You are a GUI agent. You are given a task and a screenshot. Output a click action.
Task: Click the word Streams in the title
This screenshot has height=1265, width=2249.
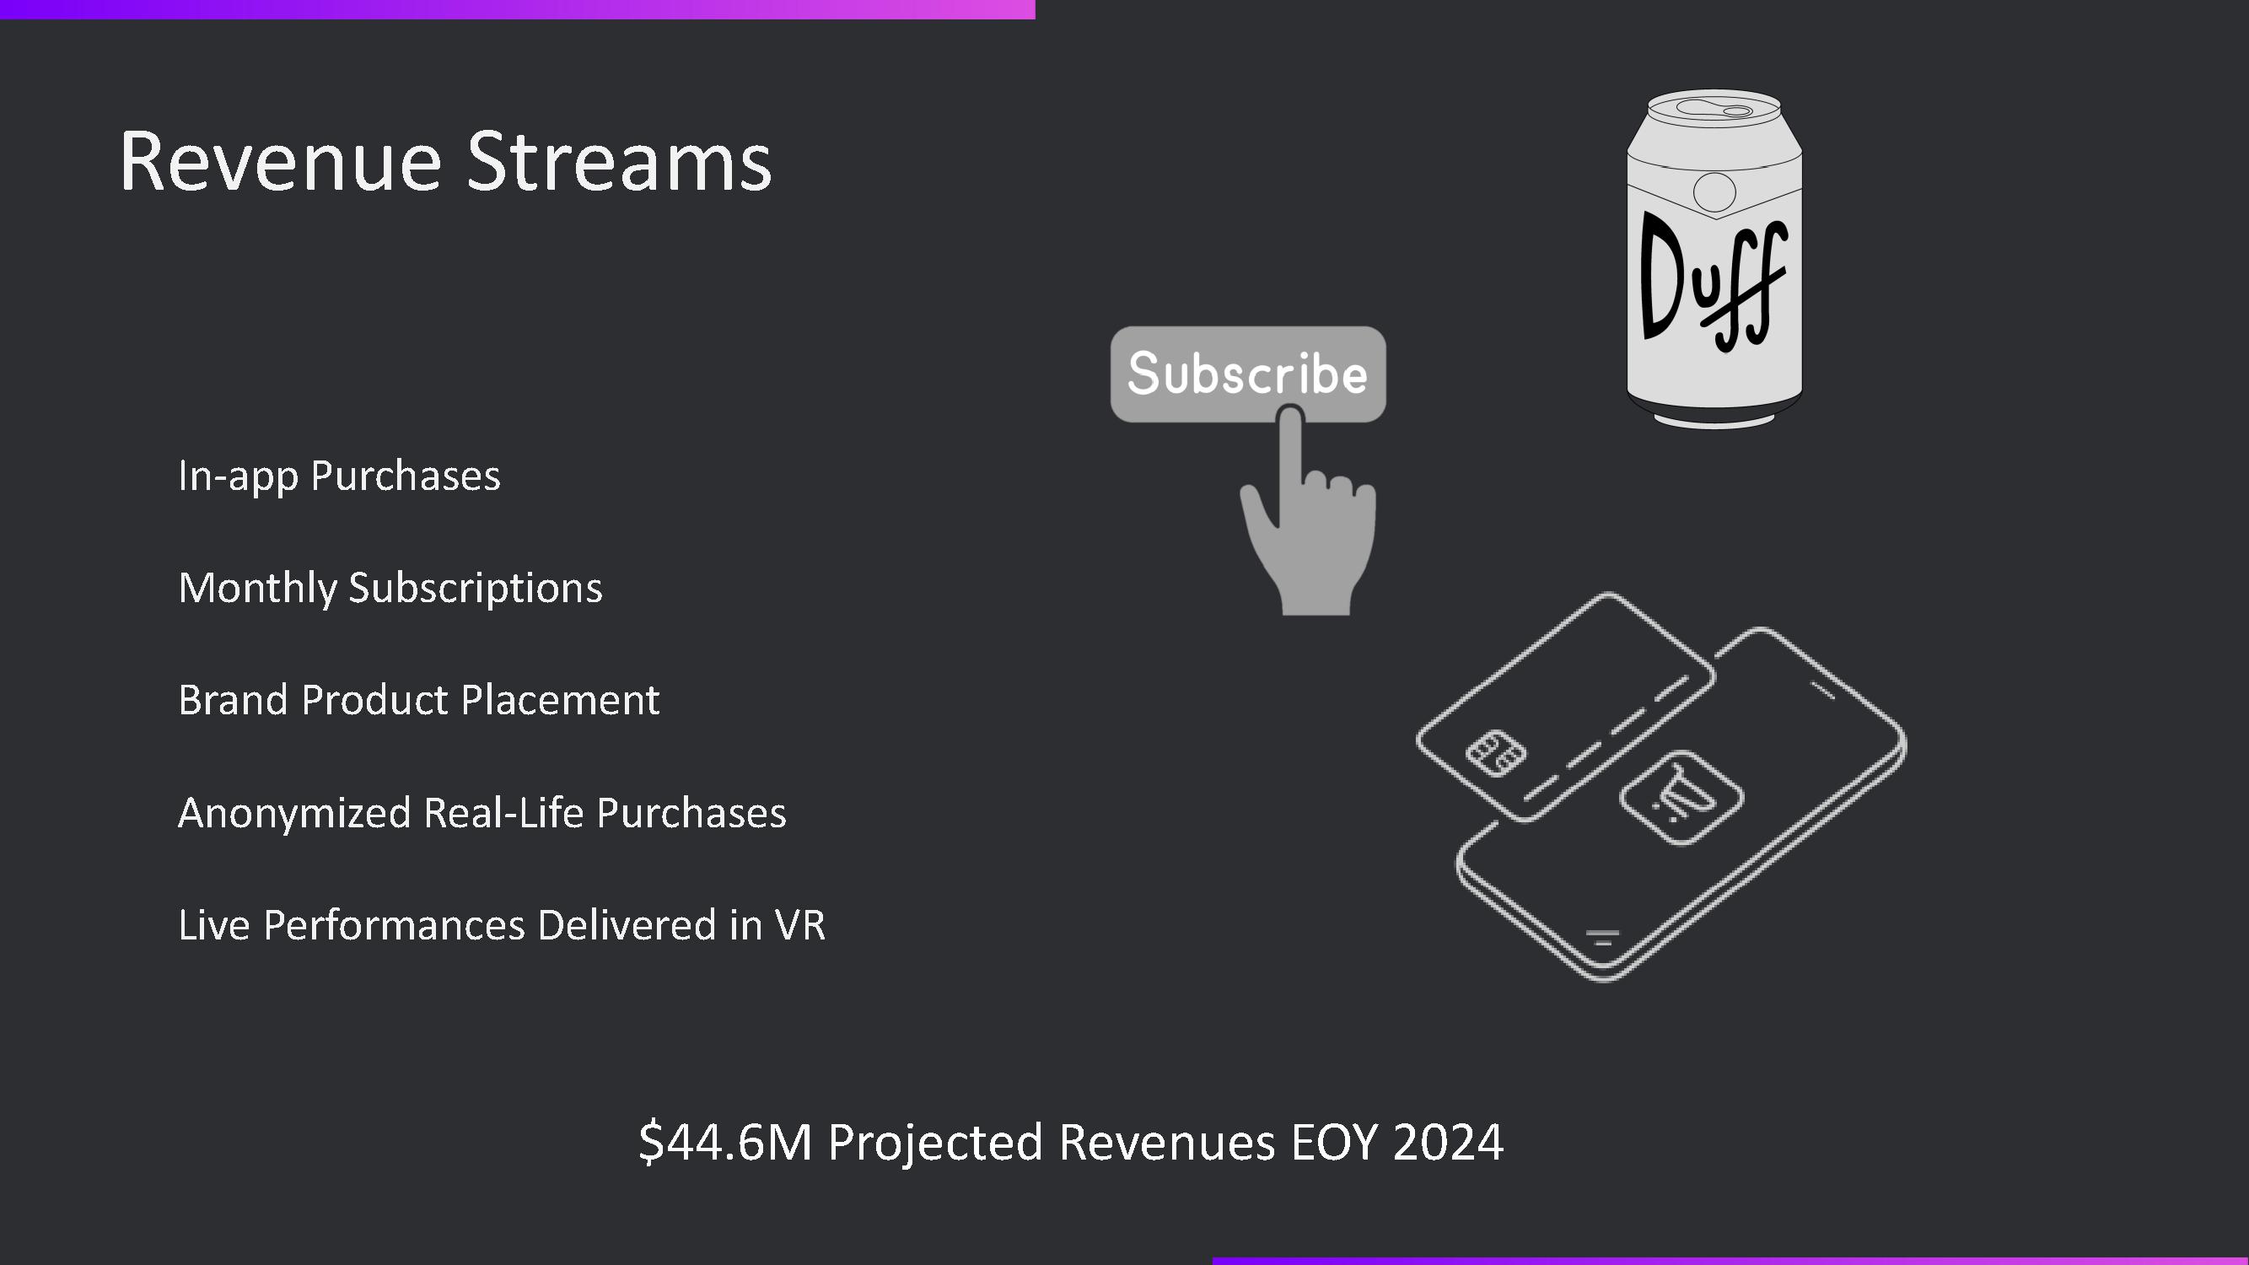[619, 162]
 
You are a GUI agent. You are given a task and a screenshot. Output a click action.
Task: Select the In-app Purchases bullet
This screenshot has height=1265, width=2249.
[339, 476]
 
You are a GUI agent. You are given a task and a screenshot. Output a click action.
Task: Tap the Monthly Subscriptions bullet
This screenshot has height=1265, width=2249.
[390, 589]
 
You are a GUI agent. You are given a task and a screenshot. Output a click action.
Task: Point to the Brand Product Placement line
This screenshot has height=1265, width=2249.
[419, 700]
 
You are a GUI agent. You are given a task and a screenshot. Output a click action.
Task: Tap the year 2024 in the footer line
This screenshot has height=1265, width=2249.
[1448, 1142]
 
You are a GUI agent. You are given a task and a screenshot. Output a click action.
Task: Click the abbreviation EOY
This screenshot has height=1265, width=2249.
[1334, 1142]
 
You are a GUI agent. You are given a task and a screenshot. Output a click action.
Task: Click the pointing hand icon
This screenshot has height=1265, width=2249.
[1308, 512]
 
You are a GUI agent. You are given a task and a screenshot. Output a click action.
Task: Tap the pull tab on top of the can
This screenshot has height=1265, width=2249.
[1714, 110]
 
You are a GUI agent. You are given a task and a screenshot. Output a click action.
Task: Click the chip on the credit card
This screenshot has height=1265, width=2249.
[1496, 752]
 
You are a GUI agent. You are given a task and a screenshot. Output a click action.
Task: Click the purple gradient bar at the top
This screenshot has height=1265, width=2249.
[518, 9]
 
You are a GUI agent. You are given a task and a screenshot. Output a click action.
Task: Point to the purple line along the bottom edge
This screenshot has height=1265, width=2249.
[1730, 1262]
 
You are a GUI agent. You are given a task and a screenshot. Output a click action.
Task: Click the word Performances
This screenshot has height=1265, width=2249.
[394, 925]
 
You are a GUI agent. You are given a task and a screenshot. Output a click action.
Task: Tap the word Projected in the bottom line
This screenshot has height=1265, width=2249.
[935, 1144]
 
